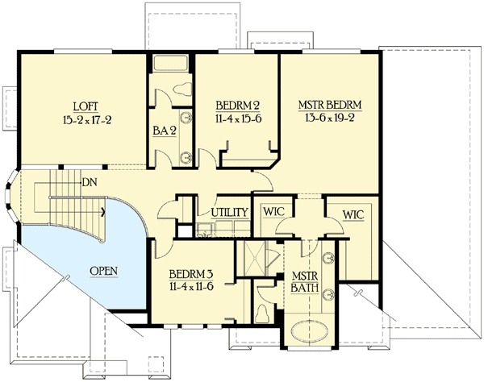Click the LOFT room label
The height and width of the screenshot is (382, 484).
click(86, 106)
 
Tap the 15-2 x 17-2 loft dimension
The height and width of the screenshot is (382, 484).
click(87, 119)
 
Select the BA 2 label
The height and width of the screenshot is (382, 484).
click(165, 131)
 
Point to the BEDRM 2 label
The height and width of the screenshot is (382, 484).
click(237, 106)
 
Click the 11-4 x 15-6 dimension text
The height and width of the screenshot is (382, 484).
click(238, 118)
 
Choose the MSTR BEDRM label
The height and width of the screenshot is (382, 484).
click(330, 105)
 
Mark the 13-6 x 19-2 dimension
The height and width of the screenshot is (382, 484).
click(330, 118)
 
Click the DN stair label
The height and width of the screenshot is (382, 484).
click(90, 182)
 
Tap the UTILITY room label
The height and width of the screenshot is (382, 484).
click(230, 213)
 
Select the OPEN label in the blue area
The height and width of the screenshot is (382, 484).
click(104, 271)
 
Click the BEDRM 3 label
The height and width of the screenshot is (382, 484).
click(191, 274)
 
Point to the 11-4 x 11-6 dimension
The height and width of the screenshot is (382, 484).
click(191, 286)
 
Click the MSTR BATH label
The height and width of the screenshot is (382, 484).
click(305, 281)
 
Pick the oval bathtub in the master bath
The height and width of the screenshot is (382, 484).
click(310, 332)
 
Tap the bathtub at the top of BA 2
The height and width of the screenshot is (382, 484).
click(171, 64)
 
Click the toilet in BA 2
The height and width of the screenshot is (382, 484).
click(182, 89)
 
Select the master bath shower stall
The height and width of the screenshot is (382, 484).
click(255, 258)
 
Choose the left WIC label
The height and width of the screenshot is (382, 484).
click(273, 212)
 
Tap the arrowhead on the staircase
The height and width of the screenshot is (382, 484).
click(103, 212)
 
